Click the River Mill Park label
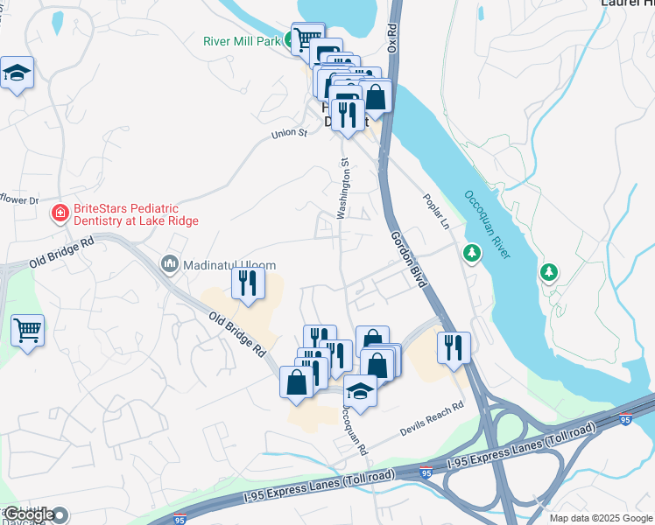point(242,40)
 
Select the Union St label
point(289,134)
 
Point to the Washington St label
point(344,188)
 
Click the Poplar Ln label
point(435,212)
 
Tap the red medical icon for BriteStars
point(60,213)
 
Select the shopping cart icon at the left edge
point(28,331)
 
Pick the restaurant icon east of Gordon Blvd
point(454,346)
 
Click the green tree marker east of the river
point(549,272)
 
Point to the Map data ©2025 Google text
point(599,518)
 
